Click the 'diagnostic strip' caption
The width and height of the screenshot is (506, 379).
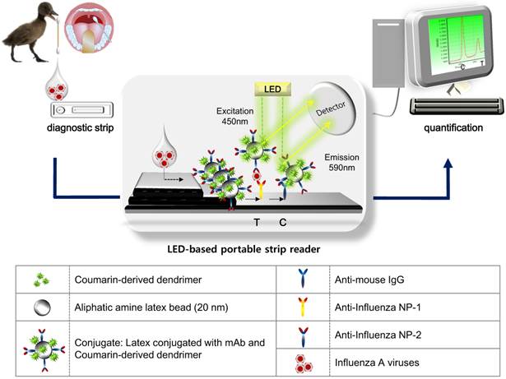[x=73, y=128]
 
